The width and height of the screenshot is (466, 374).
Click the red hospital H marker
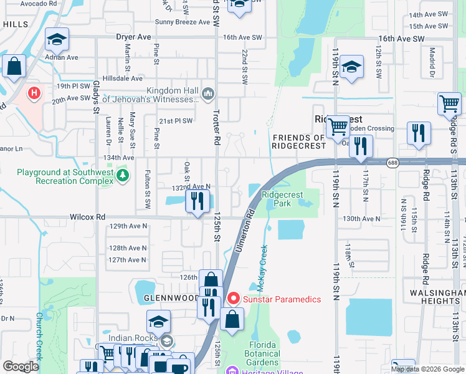(34, 94)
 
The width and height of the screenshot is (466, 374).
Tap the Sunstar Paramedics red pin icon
(234, 299)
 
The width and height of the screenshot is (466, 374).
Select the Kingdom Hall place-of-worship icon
(208, 95)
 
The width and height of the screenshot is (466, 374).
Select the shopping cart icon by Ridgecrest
(338, 127)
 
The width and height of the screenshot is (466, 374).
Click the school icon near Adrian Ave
(56, 41)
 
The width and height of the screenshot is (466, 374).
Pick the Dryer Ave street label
(133, 37)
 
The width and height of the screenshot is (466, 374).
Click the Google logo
(21, 367)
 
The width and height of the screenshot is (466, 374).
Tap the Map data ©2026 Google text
(427, 369)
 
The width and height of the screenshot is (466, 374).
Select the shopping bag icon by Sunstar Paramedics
(232, 320)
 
